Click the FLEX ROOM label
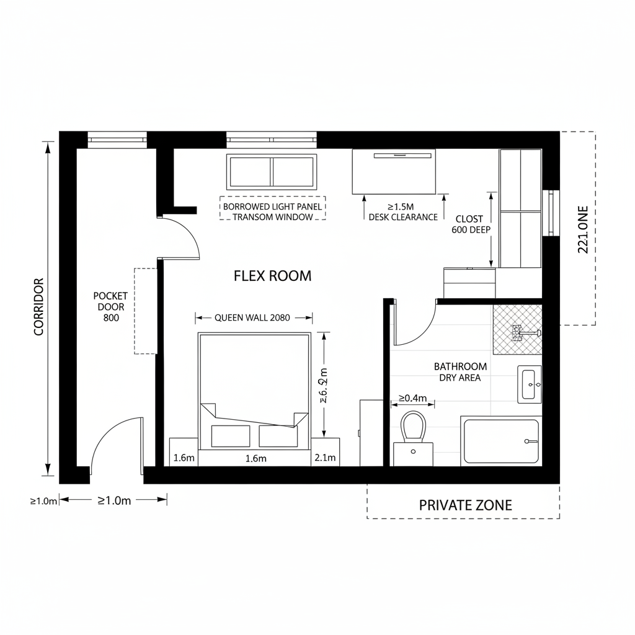pyautogui.click(x=272, y=276)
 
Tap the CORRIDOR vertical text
pyautogui.click(x=39, y=307)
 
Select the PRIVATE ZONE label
pyautogui.click(x=465, y=505)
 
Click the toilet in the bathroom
pyautogui.click(x=413, y=427)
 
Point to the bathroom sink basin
pyautogui.click(x=529, y=384)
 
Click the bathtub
pyautogui.click(x=501, y=441)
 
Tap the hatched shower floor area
pyautogui.click(x=517, y=329)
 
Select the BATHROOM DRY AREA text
pyautogui.click(x=460, y=372)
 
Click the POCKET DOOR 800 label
pyautogui.click(x=110, y=306)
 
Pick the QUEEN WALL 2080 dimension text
pyautogui.click(x=252, y=317)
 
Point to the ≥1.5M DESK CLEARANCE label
pyautogui.click(x=402, y=211)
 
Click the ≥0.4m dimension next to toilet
pyautogui.click(x=412, y=397)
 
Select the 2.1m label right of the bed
pyautogui.click(x=325, y=458)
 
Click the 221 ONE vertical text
pyautogui.click(x=583, y=229)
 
